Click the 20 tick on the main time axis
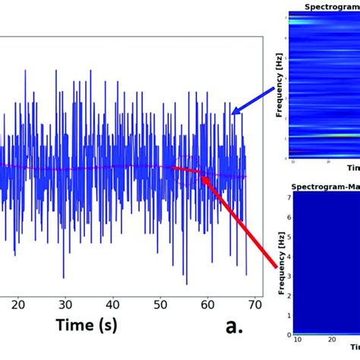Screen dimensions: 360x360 (x=18, y=305)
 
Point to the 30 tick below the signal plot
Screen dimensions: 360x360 (x=66, y=305)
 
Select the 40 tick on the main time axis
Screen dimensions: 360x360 (x=113, y=305)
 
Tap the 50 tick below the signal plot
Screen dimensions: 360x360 (x=160, y=305)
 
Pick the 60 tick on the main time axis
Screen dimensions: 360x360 (x=207, y=305)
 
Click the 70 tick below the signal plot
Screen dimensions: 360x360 (x=254, y=305)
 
